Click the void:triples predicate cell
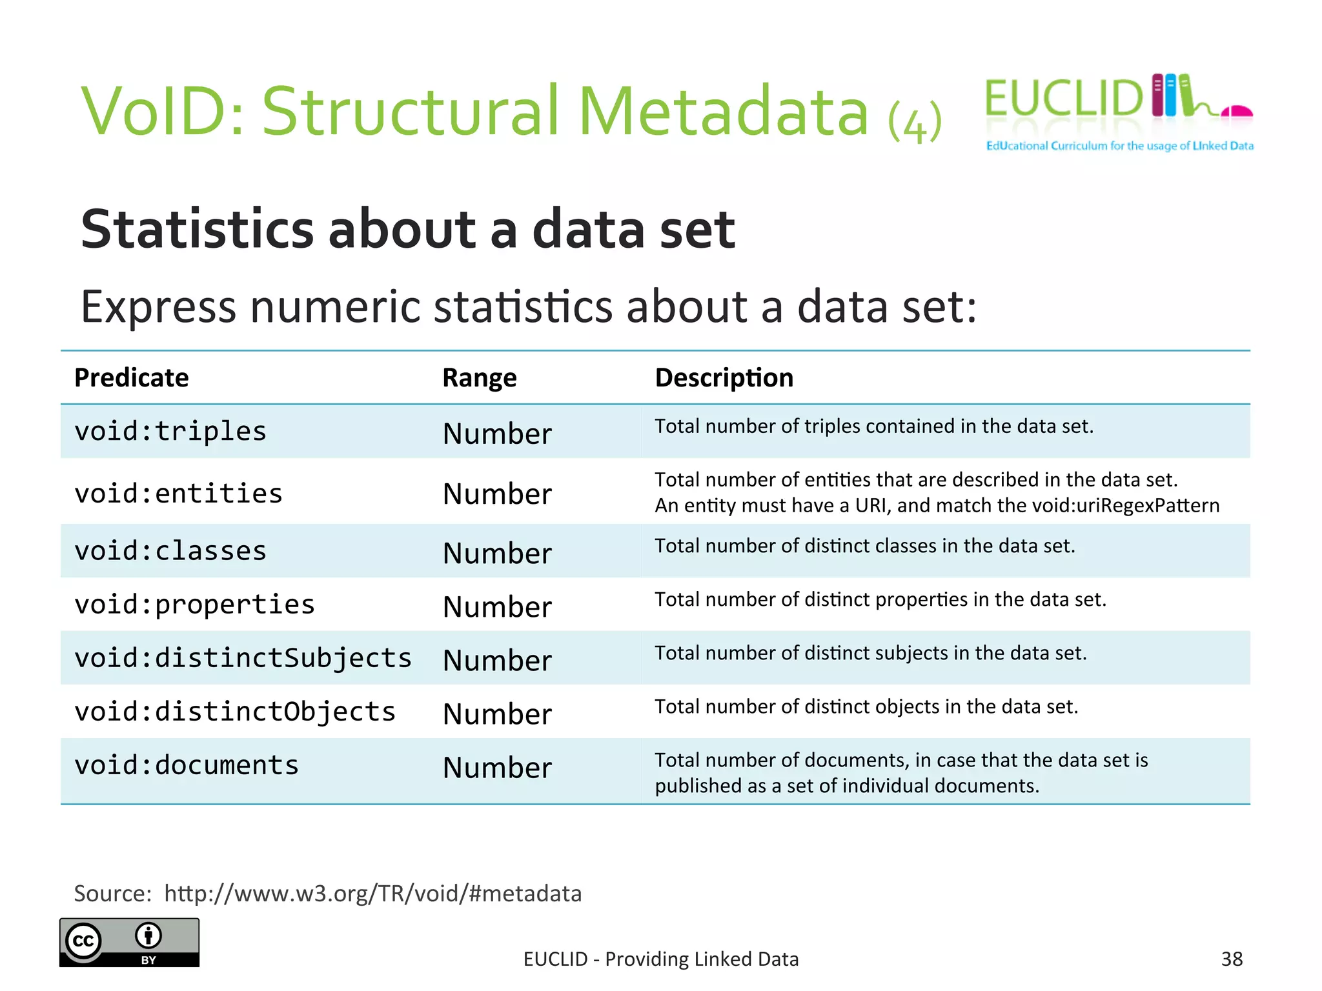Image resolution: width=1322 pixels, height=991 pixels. coord(170,431)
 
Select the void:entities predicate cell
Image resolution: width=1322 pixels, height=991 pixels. coord(178,494)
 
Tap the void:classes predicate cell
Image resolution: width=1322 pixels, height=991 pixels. coord(170,551)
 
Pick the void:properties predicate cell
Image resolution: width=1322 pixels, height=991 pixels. coord(194,605)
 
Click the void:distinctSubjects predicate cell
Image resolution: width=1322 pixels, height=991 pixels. coord(243,658)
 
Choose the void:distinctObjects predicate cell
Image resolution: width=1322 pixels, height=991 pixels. coord(235,712)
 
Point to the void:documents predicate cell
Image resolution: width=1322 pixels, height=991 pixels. coord(187,765)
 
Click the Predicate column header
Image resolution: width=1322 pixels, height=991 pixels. coord(132,377)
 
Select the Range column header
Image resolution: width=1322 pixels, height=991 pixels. coord(480,377)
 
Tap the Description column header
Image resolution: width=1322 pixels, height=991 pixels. coord(724,377)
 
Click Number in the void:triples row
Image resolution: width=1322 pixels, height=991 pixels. coord(497,434)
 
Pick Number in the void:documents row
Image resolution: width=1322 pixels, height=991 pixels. coord(497,768)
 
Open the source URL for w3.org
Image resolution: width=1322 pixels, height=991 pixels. coord(372,894)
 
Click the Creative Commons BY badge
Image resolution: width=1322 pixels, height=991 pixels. coord(129,942)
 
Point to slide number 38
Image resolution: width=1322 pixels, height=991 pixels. coord(1232,959)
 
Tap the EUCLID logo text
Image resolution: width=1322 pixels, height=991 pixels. coord(1064,99)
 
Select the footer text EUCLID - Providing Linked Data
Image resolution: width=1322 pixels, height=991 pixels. coord(661,959)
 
